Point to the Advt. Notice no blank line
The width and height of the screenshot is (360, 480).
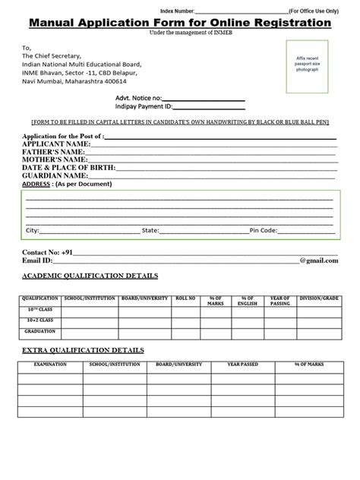pyautogui.click(x=204, y=99)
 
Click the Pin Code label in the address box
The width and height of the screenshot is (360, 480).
pyautogui.click(x=265, y=229)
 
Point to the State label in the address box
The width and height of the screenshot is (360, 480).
pyautogui.click(x=150, y=229)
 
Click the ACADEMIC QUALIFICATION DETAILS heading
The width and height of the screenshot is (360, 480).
pyautogui.click(x=90, y=275)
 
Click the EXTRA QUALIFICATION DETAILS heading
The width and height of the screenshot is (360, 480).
pyautogui.click(x=83, y=350)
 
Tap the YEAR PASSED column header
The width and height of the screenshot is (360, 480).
pyautogui.click(x=243, y=365)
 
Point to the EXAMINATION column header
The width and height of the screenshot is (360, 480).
pyautogui.click(x=50, y=365)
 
